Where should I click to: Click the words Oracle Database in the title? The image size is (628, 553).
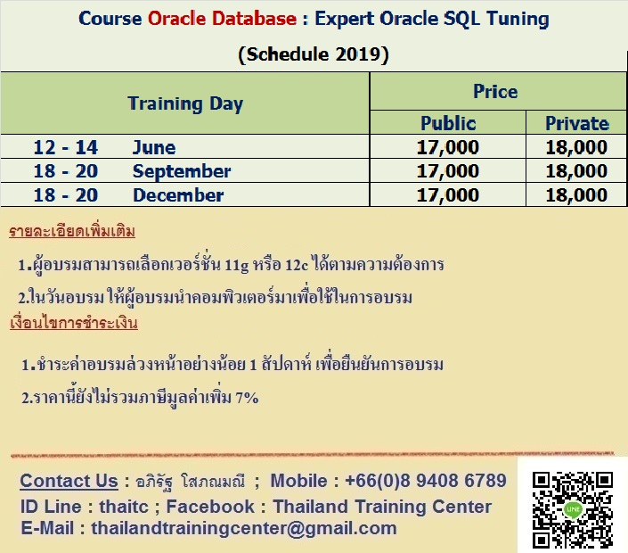pos(223,19)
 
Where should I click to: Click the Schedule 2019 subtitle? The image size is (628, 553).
pos(314,54)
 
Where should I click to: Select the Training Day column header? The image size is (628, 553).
pos(185,103)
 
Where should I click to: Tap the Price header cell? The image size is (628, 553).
pos(495,92)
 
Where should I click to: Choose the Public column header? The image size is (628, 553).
pos(448,123)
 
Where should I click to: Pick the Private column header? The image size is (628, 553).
pos(577,123)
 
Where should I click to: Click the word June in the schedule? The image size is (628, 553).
pos(154,147)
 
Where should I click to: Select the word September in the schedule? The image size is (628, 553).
pos(182,171)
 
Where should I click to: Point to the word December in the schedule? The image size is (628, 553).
pos(178,195)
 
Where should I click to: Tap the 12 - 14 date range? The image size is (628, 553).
pos(66,147)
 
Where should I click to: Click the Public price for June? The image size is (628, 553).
pos(448,147)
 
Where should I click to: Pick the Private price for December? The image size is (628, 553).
pos(576,195)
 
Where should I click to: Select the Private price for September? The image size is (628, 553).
pos(576,171)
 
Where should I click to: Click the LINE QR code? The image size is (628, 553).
pos(573,509)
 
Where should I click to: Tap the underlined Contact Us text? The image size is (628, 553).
pos(69,481)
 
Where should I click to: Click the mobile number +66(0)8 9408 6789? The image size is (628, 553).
pos(426,481)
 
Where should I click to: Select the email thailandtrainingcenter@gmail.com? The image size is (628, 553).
pos(244,528)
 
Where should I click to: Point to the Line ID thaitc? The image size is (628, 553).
pos(124,507)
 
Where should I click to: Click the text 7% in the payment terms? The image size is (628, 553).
pos(247,398)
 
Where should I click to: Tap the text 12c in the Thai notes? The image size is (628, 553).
pos(297,265)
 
